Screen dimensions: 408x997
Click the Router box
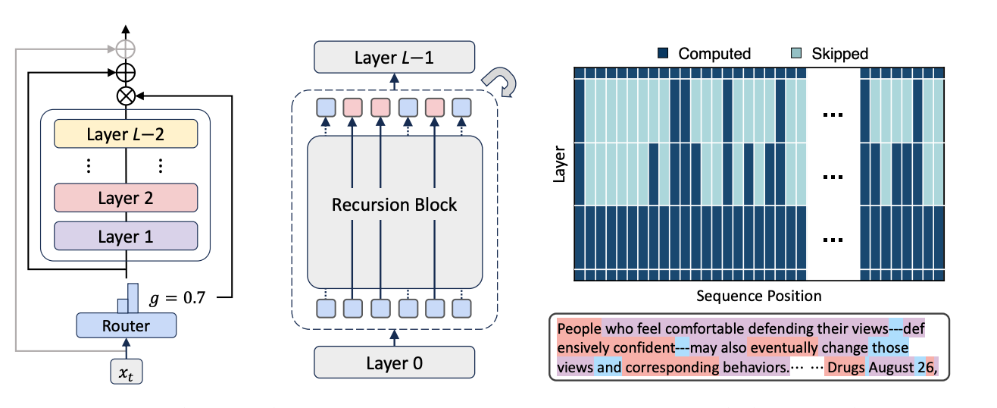pyautogui.click(x=126, y=326)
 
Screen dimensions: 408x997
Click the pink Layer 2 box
pyautogui.click(x=126, y=198)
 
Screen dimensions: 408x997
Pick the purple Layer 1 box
pyautogui.click(x=126, y=236)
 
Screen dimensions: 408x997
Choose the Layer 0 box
pyautogui.click(x=395, y=362)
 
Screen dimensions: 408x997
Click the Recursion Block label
pyautogui.click(x=395, y=205)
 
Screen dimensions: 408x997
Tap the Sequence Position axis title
pyautogui.click(x=759, y=295)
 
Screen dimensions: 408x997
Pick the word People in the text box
pyautogui.click(x=579, y=330)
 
